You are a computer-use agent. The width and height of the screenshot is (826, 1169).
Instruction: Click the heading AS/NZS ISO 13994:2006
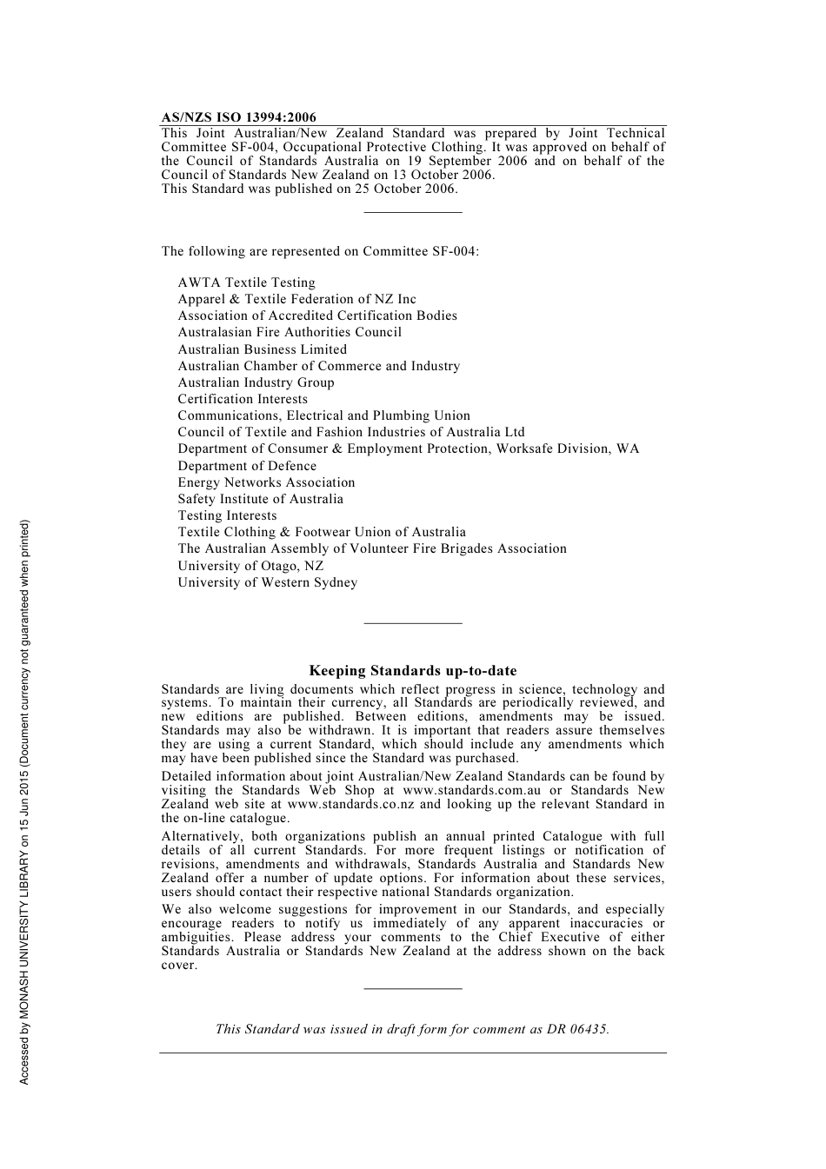(238, 117)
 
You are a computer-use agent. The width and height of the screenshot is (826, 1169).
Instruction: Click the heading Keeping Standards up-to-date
(412, 671)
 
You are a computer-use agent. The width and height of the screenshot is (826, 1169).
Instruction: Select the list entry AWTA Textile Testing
(246, 282)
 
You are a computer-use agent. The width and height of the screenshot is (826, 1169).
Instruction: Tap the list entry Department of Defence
(247, 466)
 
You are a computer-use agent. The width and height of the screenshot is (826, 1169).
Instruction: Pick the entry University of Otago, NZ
(250, 566)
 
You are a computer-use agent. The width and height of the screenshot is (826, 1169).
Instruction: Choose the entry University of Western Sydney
(267, 582)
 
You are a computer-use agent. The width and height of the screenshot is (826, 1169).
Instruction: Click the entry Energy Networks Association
(266, 482)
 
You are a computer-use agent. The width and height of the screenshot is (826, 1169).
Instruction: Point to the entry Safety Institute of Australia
(260, 499)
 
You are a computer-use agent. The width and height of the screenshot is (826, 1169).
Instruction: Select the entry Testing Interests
(227, 515)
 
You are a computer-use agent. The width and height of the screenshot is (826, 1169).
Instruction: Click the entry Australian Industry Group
(256, 382)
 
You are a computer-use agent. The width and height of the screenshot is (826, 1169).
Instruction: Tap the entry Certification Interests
(243, 399)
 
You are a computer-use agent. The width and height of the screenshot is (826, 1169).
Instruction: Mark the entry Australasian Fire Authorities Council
(290, 332)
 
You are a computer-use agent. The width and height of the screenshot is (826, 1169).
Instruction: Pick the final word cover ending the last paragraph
(178, 965)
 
